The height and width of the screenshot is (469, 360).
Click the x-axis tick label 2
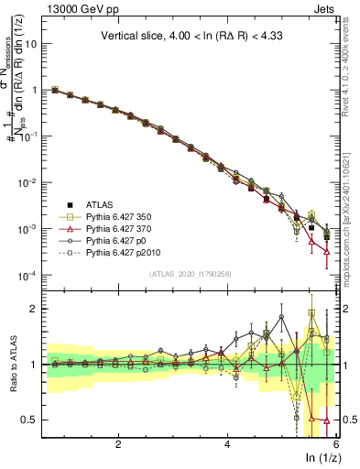point(118,444)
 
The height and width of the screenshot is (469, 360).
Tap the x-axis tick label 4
point(227,444)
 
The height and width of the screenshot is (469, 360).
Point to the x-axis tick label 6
point(336,444)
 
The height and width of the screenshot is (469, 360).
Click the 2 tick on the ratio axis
point(40,309)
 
